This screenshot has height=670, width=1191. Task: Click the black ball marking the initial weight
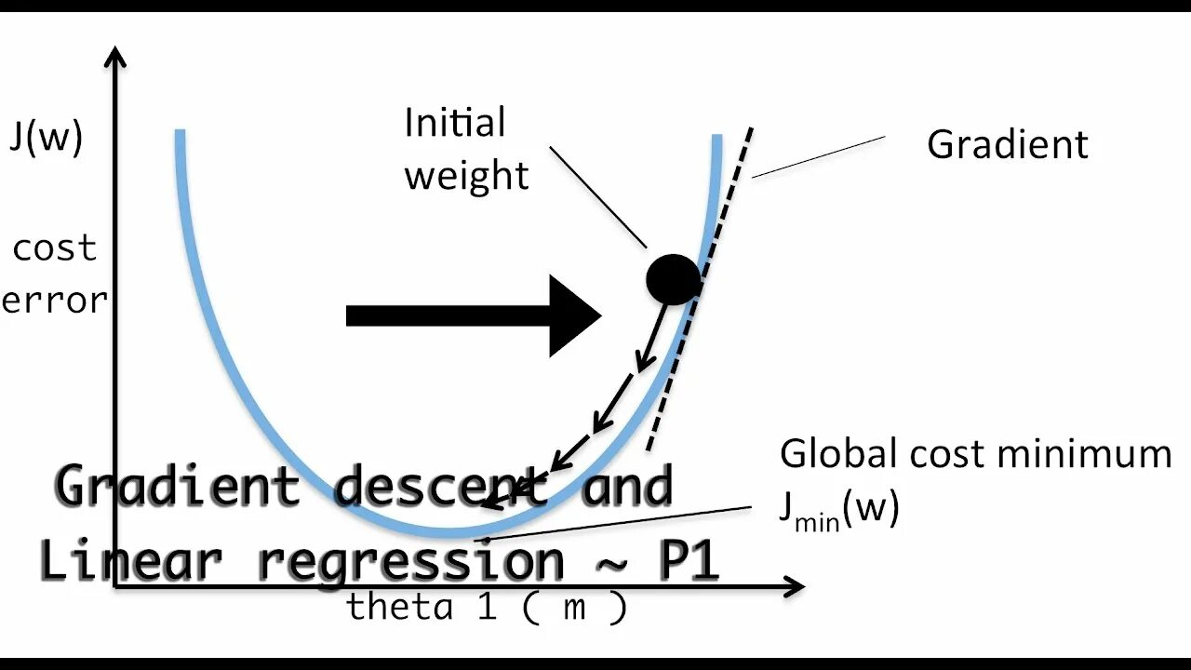tap(673, 279)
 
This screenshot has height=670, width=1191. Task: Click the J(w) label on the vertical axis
tap(47, 138)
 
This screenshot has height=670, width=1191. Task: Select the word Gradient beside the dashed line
tap(1007, 145)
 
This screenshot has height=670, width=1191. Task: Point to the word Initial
tap(454, 123)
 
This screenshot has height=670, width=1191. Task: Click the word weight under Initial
tap(466, 176)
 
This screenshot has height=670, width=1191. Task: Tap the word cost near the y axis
tap(54, 248)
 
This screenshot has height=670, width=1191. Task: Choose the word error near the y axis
tap(54, 301)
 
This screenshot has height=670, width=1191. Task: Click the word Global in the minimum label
tap(827, 454)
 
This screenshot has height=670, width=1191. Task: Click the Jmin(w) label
tap(838, 511)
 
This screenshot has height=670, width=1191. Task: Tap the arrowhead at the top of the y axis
tap(115, 56)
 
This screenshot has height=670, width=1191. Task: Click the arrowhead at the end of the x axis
tap(794, 586)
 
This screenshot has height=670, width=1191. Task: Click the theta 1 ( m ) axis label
tap(487, 608)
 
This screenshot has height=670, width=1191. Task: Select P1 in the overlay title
tap(689, 560)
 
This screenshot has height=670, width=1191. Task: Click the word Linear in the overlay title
tap(130, 560)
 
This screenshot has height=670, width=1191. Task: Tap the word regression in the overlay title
tap(409, 562)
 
